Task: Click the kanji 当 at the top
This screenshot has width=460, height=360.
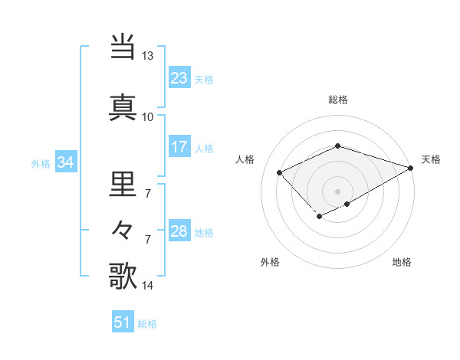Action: pyautogui.click(x=123, y=47)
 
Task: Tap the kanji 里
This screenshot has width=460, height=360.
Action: pyautogui.click(x=123, y=185)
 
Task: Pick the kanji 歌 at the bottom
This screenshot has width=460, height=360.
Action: pyautogui.click(x=123, y=276)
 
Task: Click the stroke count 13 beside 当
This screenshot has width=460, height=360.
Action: pyautogui.click(x=147, y=56)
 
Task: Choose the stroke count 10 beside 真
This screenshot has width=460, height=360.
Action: pyautogui.click(x=147, y=116)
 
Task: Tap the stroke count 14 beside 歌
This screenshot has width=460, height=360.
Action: pyautogui.click(x=147, y=286)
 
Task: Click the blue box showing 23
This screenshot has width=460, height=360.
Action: pyautogui.click(x=179, y=78)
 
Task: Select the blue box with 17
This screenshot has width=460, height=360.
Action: pyautogui.click(x=179, y=147)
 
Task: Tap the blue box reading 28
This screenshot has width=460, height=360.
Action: pyautogui.click(x=179, y=231)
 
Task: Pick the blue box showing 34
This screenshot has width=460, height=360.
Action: pyautogui.click(x=65, y=162)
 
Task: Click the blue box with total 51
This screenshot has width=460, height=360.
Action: pyautogui.click(x=123, y=322)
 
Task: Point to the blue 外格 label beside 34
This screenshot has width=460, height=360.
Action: pyautogui.click(x=41, y=163)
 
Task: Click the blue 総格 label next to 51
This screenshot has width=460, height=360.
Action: pyautogui.click(x=147, y=324)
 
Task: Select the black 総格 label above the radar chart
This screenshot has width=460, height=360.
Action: pyautogui.click(x=337, y=100)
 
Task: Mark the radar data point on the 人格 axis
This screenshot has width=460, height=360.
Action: pyautogui.click(x=280, y=173)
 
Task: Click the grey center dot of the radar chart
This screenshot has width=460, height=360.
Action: pyautogui.click(x=337, y=191)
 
